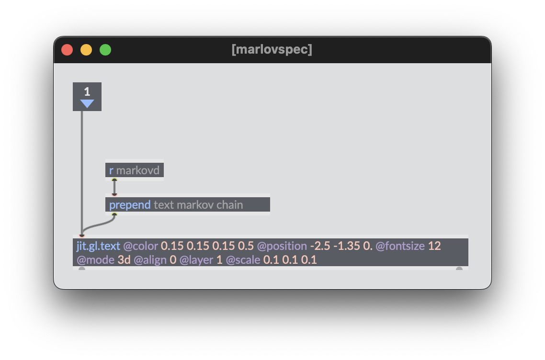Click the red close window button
pos(67,50)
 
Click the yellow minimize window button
pos(86,50)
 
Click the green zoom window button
pos(105,50)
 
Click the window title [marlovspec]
pos(272,49)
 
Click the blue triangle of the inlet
pos(87,104)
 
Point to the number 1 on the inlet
pos(87,91)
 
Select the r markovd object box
pos(134,170)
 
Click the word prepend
pos(130,205)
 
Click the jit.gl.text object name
pos(98,246)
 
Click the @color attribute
pos(140,246)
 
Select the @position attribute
pos(282,246)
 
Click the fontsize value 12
pos(434,246)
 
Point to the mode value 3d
pos(124,260)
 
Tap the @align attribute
pos(150,260)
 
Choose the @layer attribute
pos(196,260)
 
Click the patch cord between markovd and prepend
pos(114,187)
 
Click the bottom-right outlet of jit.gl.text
pos(459,269)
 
